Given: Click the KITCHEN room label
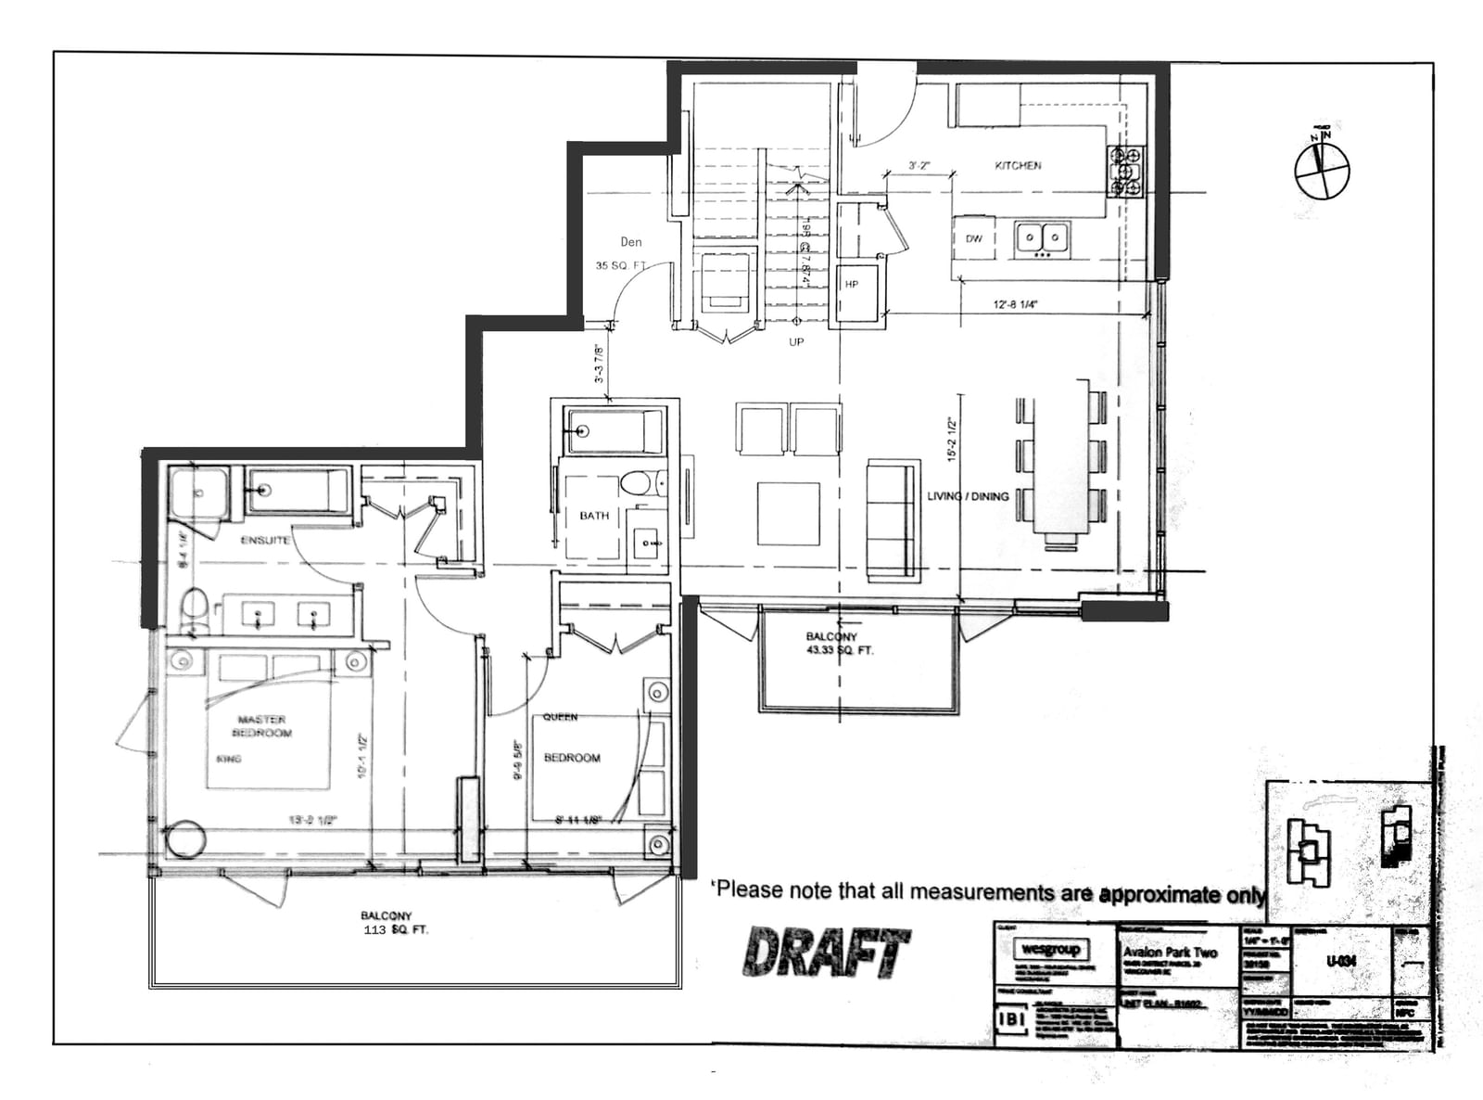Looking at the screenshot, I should [x=1018, y=165].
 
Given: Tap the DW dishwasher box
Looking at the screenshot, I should [x=973, y=238].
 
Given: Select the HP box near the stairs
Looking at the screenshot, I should [x=852, y=285].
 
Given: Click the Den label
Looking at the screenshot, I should [x=631, y=242].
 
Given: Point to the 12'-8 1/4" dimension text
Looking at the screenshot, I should [x=1015, y=304].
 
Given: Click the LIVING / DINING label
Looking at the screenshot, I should [x=968, y=496].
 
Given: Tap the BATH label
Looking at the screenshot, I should [x=594, y=516].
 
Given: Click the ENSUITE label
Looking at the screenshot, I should [x=265, y=540].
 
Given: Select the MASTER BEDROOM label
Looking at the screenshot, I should [x=261, y=726].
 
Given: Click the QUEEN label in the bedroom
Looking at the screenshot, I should [x=560, y=717].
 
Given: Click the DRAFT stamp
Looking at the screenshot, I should [x=825, y=952].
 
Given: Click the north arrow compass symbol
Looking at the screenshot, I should [x=1322, y=171].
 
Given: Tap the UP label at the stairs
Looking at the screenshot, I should [x=796, y=342].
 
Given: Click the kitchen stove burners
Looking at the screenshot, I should [x=1126, y=172].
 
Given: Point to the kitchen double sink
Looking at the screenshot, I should [x=1042, y=238].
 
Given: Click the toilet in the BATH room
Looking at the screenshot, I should [x=640, y=483].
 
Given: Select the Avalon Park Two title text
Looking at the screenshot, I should [x=1170, y=953].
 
